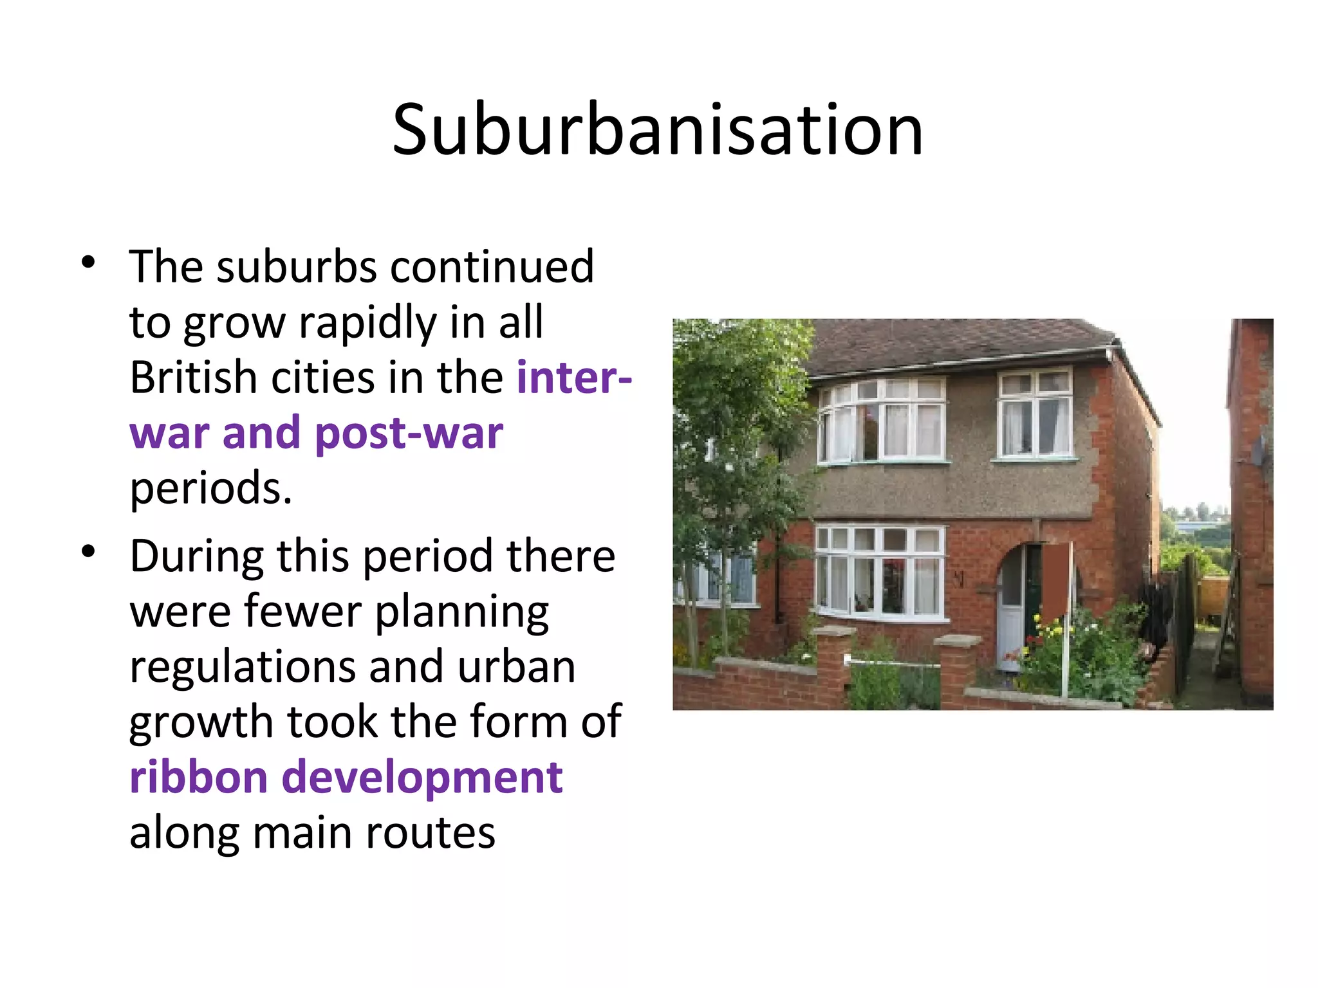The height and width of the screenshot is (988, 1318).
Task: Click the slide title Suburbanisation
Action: coord(658,131)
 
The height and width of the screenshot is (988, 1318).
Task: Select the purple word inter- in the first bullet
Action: coord(574,378)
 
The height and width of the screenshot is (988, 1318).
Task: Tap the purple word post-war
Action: coord(409,433)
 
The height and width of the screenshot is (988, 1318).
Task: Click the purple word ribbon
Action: coord(198,777)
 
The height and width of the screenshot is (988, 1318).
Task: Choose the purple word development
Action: coord(422,777)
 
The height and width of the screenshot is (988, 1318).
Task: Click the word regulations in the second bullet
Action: coord(242,667)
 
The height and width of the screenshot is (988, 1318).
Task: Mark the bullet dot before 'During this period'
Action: coord(89,551)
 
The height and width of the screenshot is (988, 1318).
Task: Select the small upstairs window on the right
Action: coord(1035,415)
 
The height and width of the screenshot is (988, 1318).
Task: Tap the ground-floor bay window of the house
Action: coord(880,571)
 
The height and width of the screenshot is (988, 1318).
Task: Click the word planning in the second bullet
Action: coord(462,612)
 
